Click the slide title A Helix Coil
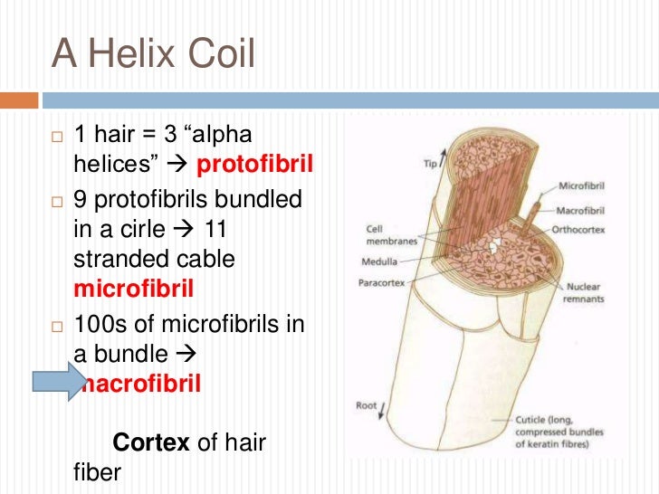(x=153, y=53)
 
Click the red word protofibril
(x=254, y=166)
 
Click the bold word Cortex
(x=150, y=443)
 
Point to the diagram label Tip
(x=431, y=164)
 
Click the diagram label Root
(x=367, y=405)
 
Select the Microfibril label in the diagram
(x=582, y=186)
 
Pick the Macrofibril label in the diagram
(x=582, y=211)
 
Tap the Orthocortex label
(x=582, y=228)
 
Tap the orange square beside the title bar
(x=19, y=99)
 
